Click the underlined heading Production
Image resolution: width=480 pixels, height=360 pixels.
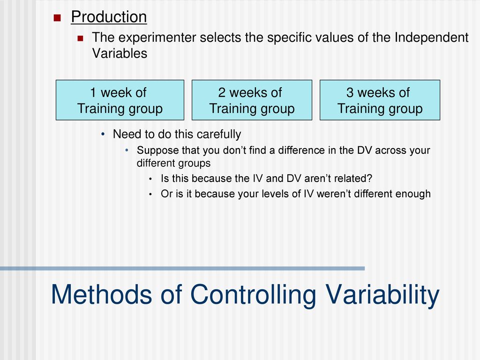[109, 17]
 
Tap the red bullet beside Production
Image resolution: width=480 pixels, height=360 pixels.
[57, 18]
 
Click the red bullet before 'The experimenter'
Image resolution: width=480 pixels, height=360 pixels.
[80, 38]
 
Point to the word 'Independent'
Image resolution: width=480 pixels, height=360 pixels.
[431, 37]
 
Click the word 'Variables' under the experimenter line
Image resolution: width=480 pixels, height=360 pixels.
[120, 53]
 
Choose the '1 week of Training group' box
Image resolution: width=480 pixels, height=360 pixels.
[120, 100]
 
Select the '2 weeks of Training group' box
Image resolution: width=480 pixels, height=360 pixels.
[252, 100]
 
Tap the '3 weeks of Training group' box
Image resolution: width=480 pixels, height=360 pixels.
[380, 100]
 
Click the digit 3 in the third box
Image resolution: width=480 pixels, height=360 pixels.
[350, 92]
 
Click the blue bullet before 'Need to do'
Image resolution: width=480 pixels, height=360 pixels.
[103, 134]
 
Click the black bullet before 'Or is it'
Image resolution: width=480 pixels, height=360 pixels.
[150, 195]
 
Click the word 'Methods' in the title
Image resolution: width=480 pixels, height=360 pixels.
[101, 294]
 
